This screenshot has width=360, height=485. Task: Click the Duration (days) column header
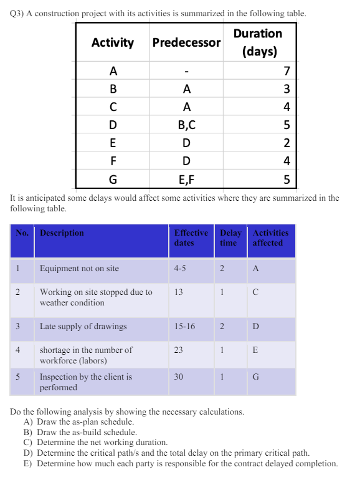[x=258, y=42]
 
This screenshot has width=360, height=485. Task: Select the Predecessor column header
[x=186, y=42]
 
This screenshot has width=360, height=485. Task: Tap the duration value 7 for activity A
[x=287, y=69]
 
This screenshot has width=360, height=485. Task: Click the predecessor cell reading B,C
[x=186, y=125]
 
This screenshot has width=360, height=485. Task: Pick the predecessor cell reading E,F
[x=186, y=180]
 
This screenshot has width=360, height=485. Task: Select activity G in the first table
[x=113, y=180]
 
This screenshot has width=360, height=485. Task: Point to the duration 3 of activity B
[x=287, y=88]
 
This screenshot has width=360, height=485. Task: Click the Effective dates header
[x=191, y=238]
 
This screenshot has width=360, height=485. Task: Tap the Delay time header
[x=229, y=238]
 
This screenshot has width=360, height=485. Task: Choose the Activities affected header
[x=272, y=238]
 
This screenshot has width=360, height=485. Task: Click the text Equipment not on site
[x=79, y=269]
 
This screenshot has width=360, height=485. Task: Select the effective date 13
[x=179, y=292]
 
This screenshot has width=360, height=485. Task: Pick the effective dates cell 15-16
[x=184, y=326]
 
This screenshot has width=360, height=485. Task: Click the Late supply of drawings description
[x=83, y=326]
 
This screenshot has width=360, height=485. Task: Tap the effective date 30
[x=179, y=377]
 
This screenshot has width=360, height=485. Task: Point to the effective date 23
[x=179, y=350]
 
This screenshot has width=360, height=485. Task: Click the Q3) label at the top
[x=17, y=13]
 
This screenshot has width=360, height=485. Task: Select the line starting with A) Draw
[x=78, y=422]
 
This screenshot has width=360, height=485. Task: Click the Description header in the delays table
[x=62, y=233]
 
